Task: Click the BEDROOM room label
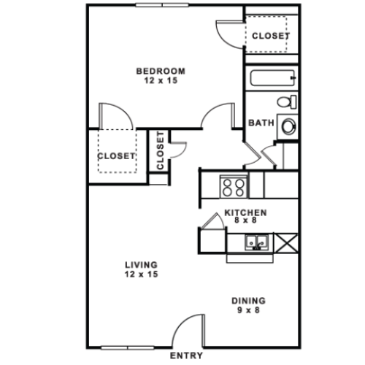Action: coord(161,71)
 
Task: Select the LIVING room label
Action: coord(142,264)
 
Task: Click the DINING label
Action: coord(249,300)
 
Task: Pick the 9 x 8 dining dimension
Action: coord(249,310)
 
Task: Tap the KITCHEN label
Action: coord(245,212)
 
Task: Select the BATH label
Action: coord(261,123)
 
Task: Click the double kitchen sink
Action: coord(257,242)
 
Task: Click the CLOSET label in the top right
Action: coord(271,36)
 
